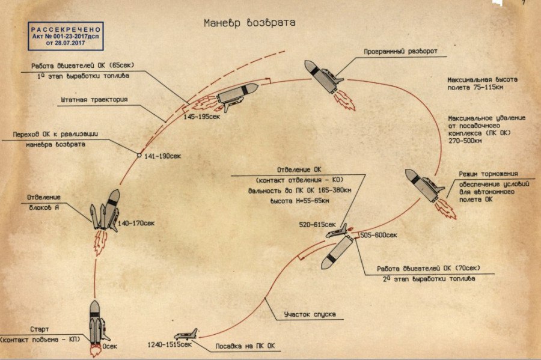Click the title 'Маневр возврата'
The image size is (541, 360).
click(249, 23)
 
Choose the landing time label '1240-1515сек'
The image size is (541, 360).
click(170, 345)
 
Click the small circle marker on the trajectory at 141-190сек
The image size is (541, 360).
click(139, 155)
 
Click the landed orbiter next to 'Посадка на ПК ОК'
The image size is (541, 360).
click(185, 337)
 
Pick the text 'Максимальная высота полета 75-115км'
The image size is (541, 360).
click(482, 84)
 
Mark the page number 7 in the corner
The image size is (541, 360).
click(524, 4)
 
